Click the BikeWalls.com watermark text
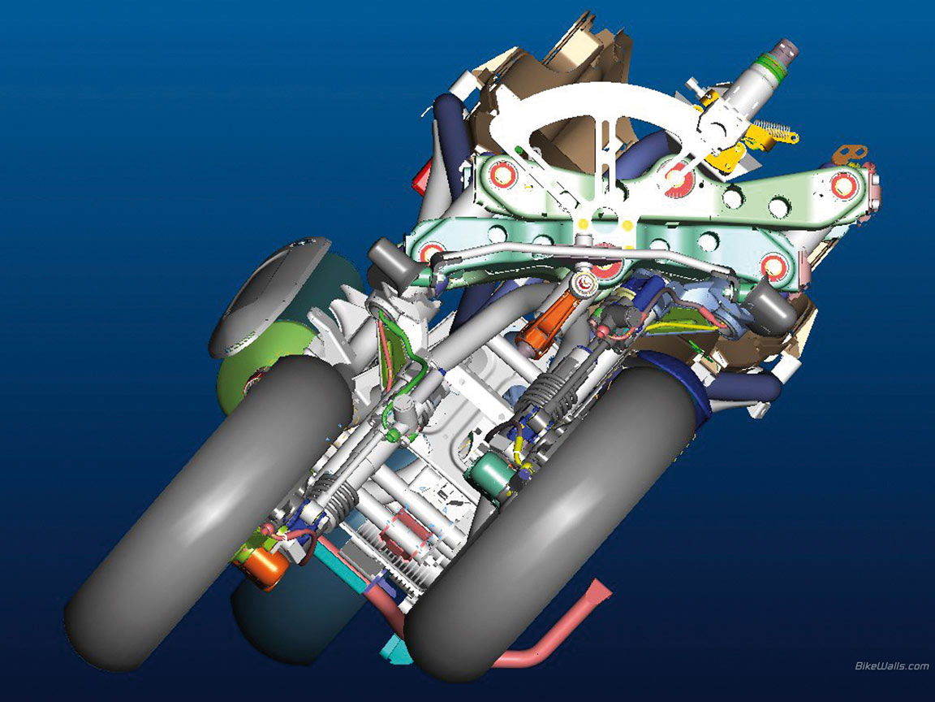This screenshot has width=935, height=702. (x=891, y=665)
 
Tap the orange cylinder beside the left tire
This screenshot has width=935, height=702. (x=265, y=568)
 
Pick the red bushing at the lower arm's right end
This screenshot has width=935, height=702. (x=773, y=266)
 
